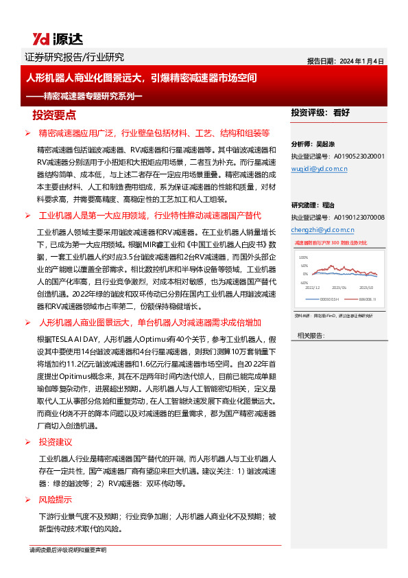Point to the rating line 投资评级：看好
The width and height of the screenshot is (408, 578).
[x=320, y=113]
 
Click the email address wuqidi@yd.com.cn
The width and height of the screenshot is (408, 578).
[x=320, y=167]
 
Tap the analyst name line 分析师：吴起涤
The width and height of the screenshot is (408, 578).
[x=311, y=144]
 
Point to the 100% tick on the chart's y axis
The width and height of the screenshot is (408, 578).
[x=304, y=257]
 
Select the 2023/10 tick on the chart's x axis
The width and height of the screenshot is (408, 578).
[x=367, y=288]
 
